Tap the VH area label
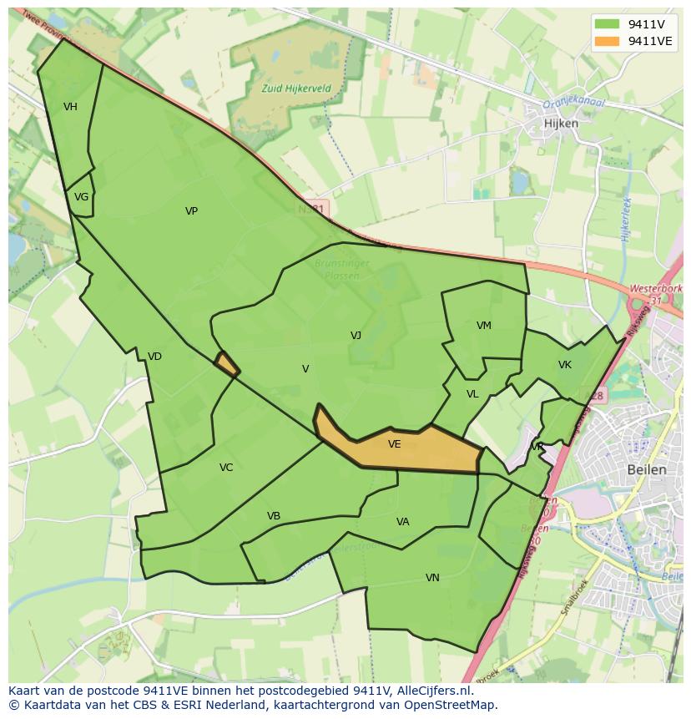(x=70, y=107)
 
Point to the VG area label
(x=81, y=197)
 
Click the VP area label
(x=191, y=211)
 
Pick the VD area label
(x=154, y=357)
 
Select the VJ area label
(x=356, y=336)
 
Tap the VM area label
(x=484, y=326)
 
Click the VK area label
(x=565, y=365)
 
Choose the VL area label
(x=472, y=394)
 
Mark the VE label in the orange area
(x=395, y=444)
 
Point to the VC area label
(x=226, y=468)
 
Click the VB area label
(x=274, y=516)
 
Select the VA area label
(x=403, y=522)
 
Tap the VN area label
(x=432, y=578)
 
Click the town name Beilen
(x=647, y=469)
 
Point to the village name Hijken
(x=561, y=123)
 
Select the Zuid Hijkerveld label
(x=296, y=88)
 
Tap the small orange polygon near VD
(x=226, y=363)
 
